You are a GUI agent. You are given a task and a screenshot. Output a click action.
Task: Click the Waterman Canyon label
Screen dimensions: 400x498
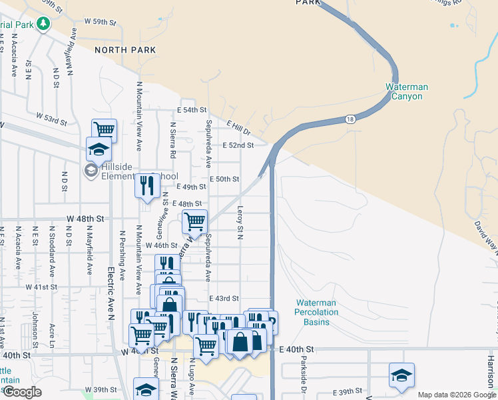point(406,91)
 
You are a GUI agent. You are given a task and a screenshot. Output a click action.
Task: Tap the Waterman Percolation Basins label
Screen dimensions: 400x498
point(316,312)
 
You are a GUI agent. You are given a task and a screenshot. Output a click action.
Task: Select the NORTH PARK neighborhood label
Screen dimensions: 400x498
point(125,50)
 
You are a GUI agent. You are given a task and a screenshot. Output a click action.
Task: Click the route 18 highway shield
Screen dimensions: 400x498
point(350,119)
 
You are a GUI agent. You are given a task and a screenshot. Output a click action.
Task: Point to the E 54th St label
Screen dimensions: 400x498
point(192,109)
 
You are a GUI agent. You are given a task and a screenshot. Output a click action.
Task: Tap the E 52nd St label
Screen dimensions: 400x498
point(238,145)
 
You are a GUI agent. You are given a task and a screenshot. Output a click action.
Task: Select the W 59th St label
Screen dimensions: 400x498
point(100,22)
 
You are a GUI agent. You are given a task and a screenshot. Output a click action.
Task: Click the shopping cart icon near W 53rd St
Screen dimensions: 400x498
point(104,129)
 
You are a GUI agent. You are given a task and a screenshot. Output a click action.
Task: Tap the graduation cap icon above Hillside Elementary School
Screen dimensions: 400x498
point(99,149)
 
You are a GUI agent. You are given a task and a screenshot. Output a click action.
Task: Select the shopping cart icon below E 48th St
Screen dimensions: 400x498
point(194,221)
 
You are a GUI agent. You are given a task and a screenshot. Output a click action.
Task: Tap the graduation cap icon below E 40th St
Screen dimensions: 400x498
point(401,375)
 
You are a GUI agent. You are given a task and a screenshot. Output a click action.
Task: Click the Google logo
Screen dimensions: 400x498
point(22,392)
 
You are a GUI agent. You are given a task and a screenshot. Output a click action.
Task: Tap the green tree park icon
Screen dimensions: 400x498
point(44,24)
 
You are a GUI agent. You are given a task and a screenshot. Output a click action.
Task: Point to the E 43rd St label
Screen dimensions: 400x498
point(224,299)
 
